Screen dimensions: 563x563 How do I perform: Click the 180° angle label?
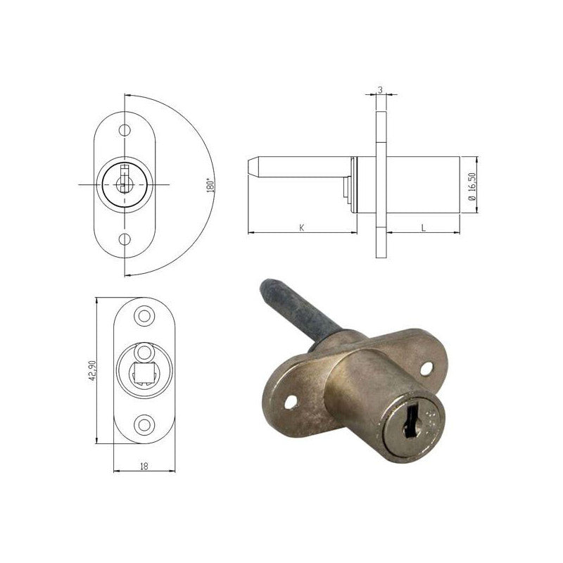(x=210, y=186)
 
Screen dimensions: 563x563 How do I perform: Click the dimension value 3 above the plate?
(x=381, y=90)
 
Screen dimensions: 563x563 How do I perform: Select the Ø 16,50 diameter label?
(x=472, y=186)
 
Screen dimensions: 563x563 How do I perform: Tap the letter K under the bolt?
(x=302, y=227)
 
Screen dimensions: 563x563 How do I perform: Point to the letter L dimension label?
(x=424, y=227)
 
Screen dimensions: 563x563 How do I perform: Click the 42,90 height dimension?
(x=92, y=370)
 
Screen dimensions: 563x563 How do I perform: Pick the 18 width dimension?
(x=144, y=467)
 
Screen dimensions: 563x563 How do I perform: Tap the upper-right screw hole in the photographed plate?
(x=426, y=369)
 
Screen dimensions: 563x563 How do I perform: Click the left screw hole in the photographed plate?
(x=291, y=402)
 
